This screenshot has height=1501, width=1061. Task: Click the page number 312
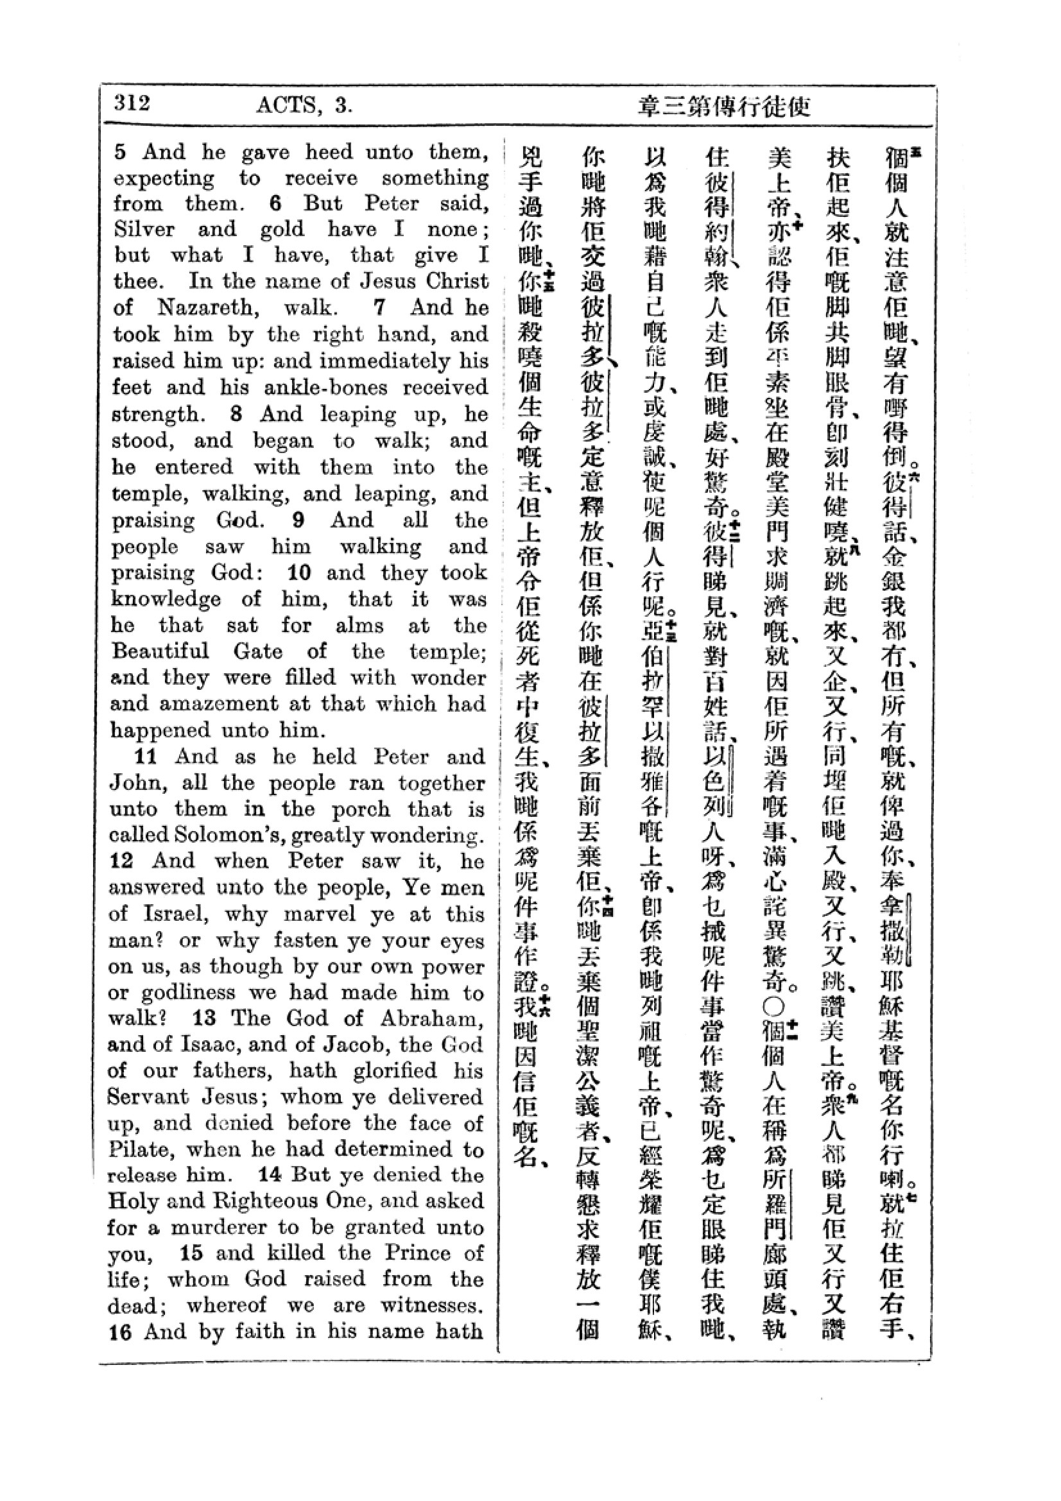coord(132,103)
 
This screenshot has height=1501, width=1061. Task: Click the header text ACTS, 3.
coord(304,105)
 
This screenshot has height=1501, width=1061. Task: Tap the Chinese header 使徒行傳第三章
coord(723,106)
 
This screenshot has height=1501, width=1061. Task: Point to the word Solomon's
coord(196,836)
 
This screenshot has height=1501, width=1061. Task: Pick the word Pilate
coord(140,1149)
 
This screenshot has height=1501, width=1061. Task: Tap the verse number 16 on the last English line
coord(120,1332)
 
